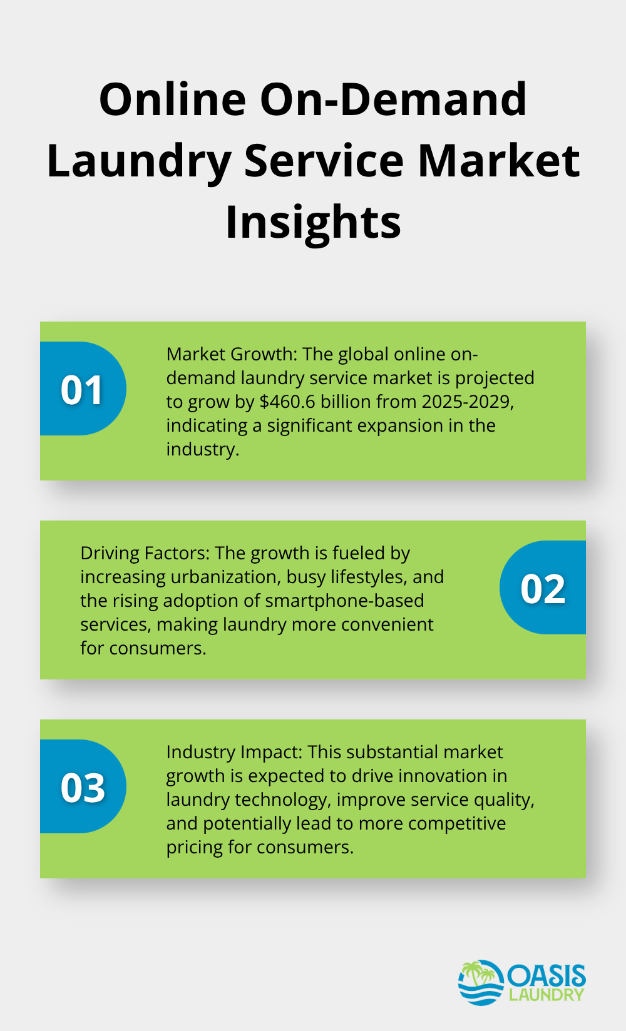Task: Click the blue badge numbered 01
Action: (83, 389)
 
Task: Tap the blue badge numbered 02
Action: (543, 587)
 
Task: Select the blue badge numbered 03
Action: (83, 786)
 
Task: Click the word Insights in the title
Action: (313, 221)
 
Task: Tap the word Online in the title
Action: (173, 99)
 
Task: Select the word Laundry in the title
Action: (138, 161)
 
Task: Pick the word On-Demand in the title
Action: (393, 99)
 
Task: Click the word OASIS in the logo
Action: (546, 974)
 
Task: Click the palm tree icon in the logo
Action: (480, 972)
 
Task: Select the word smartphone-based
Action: (344, 601)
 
